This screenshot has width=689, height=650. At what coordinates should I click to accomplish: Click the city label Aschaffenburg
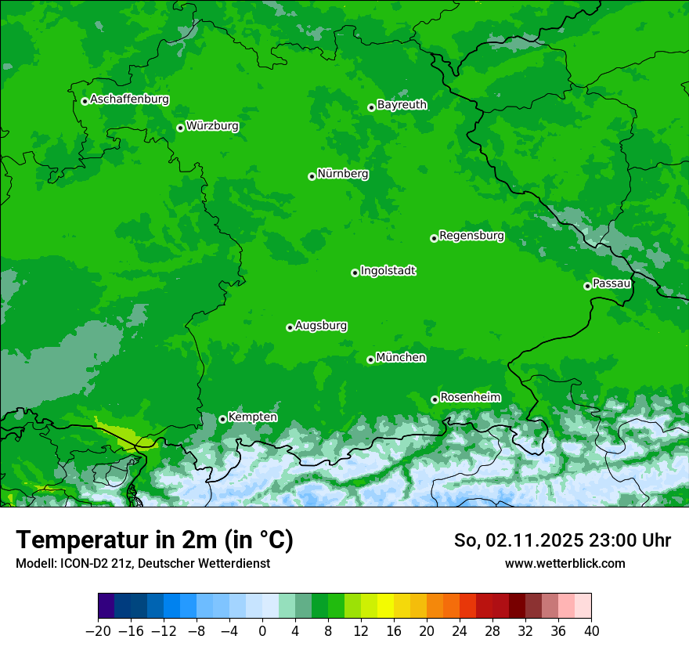click(129, 99)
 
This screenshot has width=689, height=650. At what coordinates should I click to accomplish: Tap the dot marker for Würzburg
click(180, 128)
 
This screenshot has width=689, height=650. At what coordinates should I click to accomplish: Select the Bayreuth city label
click(402, 104)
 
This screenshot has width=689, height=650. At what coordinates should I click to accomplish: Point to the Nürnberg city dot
click(312, 176)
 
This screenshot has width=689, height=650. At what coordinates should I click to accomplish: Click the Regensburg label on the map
click(471, 235)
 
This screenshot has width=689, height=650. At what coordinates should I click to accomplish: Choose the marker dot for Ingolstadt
click(355, 273)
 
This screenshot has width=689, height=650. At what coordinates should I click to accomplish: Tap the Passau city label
click(611, 283)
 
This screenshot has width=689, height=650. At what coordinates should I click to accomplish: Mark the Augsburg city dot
click(290, 327)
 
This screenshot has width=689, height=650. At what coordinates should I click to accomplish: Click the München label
click(401, 357)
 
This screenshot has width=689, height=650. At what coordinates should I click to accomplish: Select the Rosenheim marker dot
click(435, 400)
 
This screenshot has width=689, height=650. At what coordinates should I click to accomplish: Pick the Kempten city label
click(252, 417)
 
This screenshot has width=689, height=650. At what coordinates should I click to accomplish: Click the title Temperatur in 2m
click(154, 540)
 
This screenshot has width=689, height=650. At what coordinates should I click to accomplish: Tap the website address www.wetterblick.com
click(565, 563)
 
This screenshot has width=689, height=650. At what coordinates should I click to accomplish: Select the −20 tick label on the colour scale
click(98, 630)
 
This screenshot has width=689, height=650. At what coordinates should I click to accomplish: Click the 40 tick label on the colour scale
click(591, 630)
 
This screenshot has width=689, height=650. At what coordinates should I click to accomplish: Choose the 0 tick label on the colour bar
click(262, 630)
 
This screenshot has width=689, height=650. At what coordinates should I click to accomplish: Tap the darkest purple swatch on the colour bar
click(106, 606)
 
